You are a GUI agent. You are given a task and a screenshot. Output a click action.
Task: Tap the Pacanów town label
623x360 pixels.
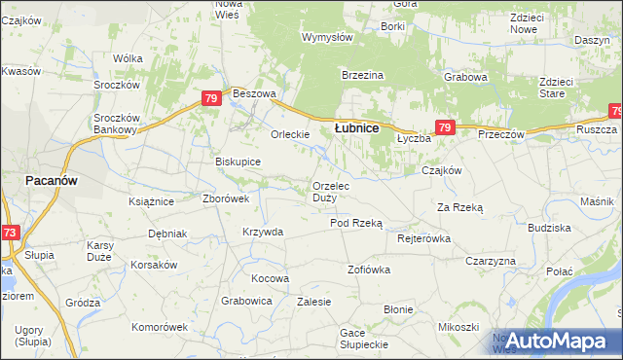(52, 181)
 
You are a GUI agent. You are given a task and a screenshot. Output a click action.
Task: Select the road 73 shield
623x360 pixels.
(9, 233)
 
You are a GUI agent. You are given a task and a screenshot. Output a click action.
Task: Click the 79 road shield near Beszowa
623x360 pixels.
(211, 98)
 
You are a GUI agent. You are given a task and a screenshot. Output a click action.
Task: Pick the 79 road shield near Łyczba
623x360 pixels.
(445, 127)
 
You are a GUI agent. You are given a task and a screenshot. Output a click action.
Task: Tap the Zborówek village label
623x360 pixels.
(226, 198)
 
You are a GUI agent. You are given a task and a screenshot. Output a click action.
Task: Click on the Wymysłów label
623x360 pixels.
(327, 37)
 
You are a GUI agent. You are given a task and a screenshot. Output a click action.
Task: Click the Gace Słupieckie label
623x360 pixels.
(365, 339)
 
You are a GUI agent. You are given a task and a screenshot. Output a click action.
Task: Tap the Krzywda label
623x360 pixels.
(263, 232)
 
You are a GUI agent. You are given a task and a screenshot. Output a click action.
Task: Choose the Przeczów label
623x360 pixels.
(501, 134)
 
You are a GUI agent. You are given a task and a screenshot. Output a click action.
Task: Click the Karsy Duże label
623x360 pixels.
(100, 249)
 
